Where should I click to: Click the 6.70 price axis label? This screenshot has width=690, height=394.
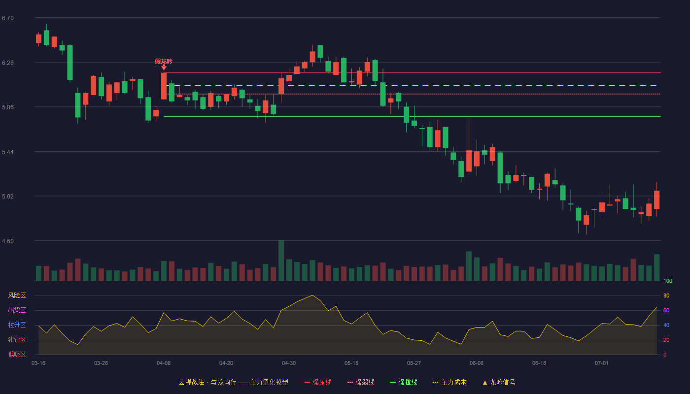(8, 18)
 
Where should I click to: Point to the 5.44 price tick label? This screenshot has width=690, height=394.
(8, 152)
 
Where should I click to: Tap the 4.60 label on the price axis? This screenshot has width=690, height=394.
(8, 241)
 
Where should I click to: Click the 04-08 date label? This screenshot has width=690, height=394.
(164, 363)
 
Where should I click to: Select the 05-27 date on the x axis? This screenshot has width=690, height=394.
(414, 363)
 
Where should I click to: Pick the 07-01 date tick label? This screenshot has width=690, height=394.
(602, 363)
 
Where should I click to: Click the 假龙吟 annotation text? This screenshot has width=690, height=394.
(164, 61)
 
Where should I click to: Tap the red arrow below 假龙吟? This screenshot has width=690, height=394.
(164, 67)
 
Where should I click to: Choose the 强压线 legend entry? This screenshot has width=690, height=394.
(318, 382)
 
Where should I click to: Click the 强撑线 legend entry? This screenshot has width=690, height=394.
(404, 382)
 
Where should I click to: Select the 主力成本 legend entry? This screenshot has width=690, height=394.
(449, 382)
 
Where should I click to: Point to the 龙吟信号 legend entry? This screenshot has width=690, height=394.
(499, 382)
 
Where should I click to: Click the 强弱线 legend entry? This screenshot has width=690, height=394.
(361, 382)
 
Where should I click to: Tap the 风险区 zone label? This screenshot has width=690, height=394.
(17, 295)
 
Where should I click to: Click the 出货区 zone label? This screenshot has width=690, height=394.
(17, 310)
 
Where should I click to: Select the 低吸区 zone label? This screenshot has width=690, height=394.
(17, 354)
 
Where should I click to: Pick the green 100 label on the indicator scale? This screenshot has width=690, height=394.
(668, 281)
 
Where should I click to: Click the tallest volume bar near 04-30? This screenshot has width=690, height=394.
(281, 261)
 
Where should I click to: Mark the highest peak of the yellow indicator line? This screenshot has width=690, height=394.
(312, 295)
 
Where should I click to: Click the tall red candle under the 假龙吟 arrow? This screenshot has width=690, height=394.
(164, 86)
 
